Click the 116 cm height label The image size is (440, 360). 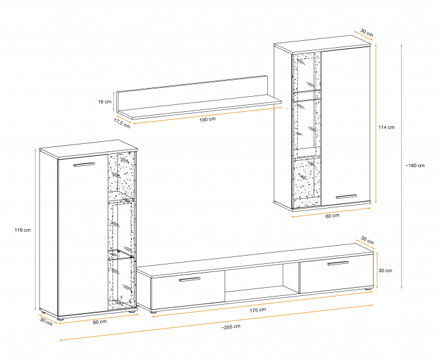tap(23, 230)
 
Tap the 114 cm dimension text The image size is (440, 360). tap(387, 128)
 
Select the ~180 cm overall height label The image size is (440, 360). tap(415, 165)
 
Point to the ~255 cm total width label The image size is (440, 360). tap(231, 327)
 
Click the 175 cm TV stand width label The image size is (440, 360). tap(258, 310)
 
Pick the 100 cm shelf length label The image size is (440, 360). tap(207, 119)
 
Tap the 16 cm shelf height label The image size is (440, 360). tap(105, 102)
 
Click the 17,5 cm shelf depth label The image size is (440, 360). tap(122, 123)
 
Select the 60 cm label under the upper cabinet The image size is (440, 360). tap(333, 215)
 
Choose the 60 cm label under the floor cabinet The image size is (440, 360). tap(99, 322)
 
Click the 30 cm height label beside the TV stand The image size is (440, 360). tap(385, 271)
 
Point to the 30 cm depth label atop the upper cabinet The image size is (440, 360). tap(366, 33)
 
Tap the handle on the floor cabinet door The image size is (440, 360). tap(84, 165)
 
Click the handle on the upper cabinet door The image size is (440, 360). tap(346, 197)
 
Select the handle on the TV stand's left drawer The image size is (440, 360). tap(190, 279)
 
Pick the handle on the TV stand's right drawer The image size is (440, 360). tap(338, 263)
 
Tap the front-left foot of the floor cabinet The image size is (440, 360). tap(60, 319)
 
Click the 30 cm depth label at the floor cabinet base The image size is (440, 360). tap(46, 322)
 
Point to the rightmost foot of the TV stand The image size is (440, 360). tap(367, 288)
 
